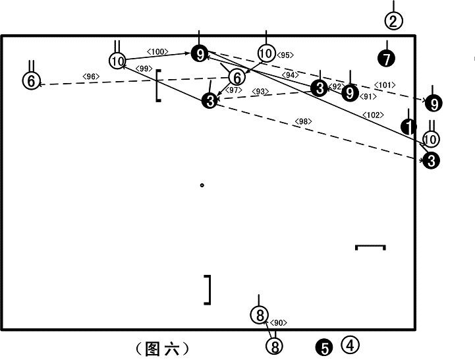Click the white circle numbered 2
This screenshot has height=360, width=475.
coord(393,21)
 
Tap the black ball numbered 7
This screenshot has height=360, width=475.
coord(387,59)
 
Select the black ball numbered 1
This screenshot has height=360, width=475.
coord(408,127)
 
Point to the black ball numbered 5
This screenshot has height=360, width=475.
coord(324,348)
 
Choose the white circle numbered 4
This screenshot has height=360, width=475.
coord(350,345)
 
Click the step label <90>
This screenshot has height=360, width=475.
coord(278,322)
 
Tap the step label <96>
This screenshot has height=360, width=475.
coord(91,76)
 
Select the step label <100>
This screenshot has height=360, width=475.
coord(157,51)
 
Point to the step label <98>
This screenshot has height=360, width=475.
coord(303,121)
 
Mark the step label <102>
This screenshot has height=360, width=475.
coord(373,115)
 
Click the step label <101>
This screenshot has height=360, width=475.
coord(385,85)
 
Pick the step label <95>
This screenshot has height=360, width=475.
coord(285,55)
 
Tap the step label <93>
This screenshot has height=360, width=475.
coord(260,91)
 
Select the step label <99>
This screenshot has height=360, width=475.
coord(144,69)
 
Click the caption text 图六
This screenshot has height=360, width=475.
coord(162,349)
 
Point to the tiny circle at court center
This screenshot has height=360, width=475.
coord(202,185)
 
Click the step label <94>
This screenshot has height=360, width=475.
coord(291,75)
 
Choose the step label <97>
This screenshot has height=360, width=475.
coord(234,90)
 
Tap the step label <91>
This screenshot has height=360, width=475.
coord(368,96)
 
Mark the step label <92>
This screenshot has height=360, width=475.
coord(336,87)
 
